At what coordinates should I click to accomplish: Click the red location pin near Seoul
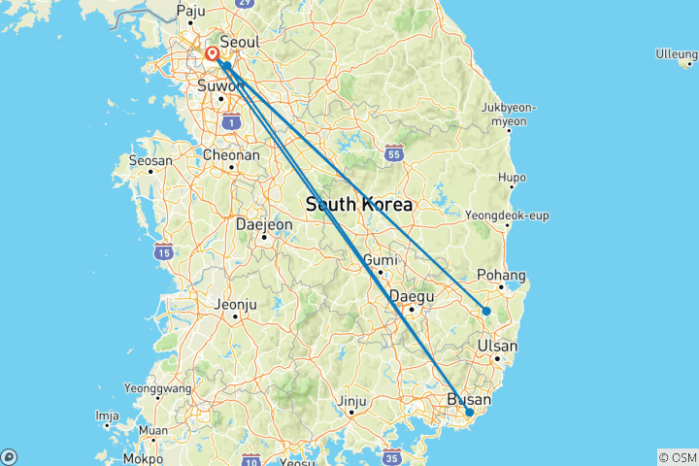212,54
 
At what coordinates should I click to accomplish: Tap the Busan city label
469,399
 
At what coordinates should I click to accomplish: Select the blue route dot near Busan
470,413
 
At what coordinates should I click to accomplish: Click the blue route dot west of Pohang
486,312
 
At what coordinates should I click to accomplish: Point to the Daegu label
410,296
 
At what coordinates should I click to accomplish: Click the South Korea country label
358,205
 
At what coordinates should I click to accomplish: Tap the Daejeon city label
263,224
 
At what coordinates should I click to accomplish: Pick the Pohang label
502,276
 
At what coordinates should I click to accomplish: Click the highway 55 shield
393,152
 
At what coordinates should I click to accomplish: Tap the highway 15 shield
162,252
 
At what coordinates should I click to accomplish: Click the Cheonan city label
231,154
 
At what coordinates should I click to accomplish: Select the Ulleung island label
676,53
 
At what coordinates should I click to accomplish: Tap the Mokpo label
144,457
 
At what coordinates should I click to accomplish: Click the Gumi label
379,260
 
